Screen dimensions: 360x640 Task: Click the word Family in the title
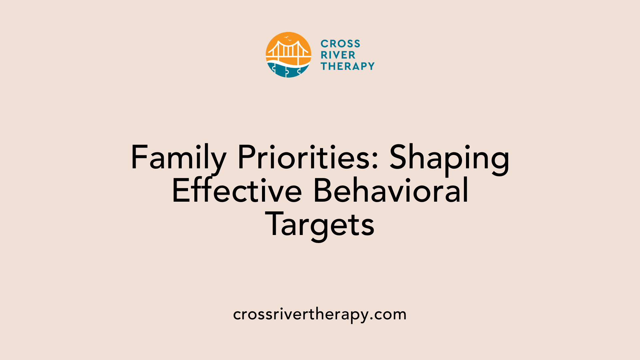(179, 158)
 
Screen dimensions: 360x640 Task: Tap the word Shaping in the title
(449, 158)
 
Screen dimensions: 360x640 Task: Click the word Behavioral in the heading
(391, 191)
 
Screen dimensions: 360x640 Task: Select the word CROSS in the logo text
(340, 44)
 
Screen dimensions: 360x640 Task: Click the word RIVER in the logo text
(338, 55)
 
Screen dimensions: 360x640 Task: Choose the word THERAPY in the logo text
(348, 66)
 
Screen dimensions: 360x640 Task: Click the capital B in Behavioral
(322, 191)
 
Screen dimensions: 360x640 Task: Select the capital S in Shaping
(399, 158)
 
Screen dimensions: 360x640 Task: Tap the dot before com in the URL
(372, 319)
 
